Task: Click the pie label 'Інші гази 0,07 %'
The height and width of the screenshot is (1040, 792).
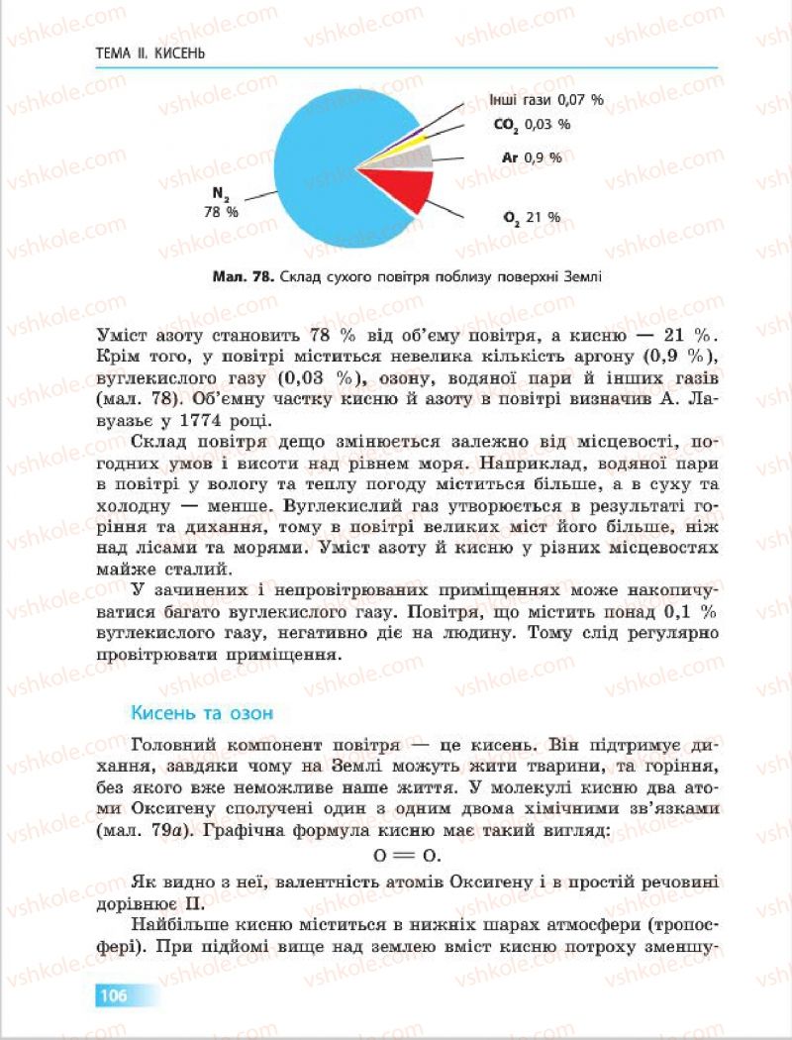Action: (546, 100)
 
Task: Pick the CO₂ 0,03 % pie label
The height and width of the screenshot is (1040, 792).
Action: (533, 125)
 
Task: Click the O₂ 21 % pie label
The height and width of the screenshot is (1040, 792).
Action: (532, 217)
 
